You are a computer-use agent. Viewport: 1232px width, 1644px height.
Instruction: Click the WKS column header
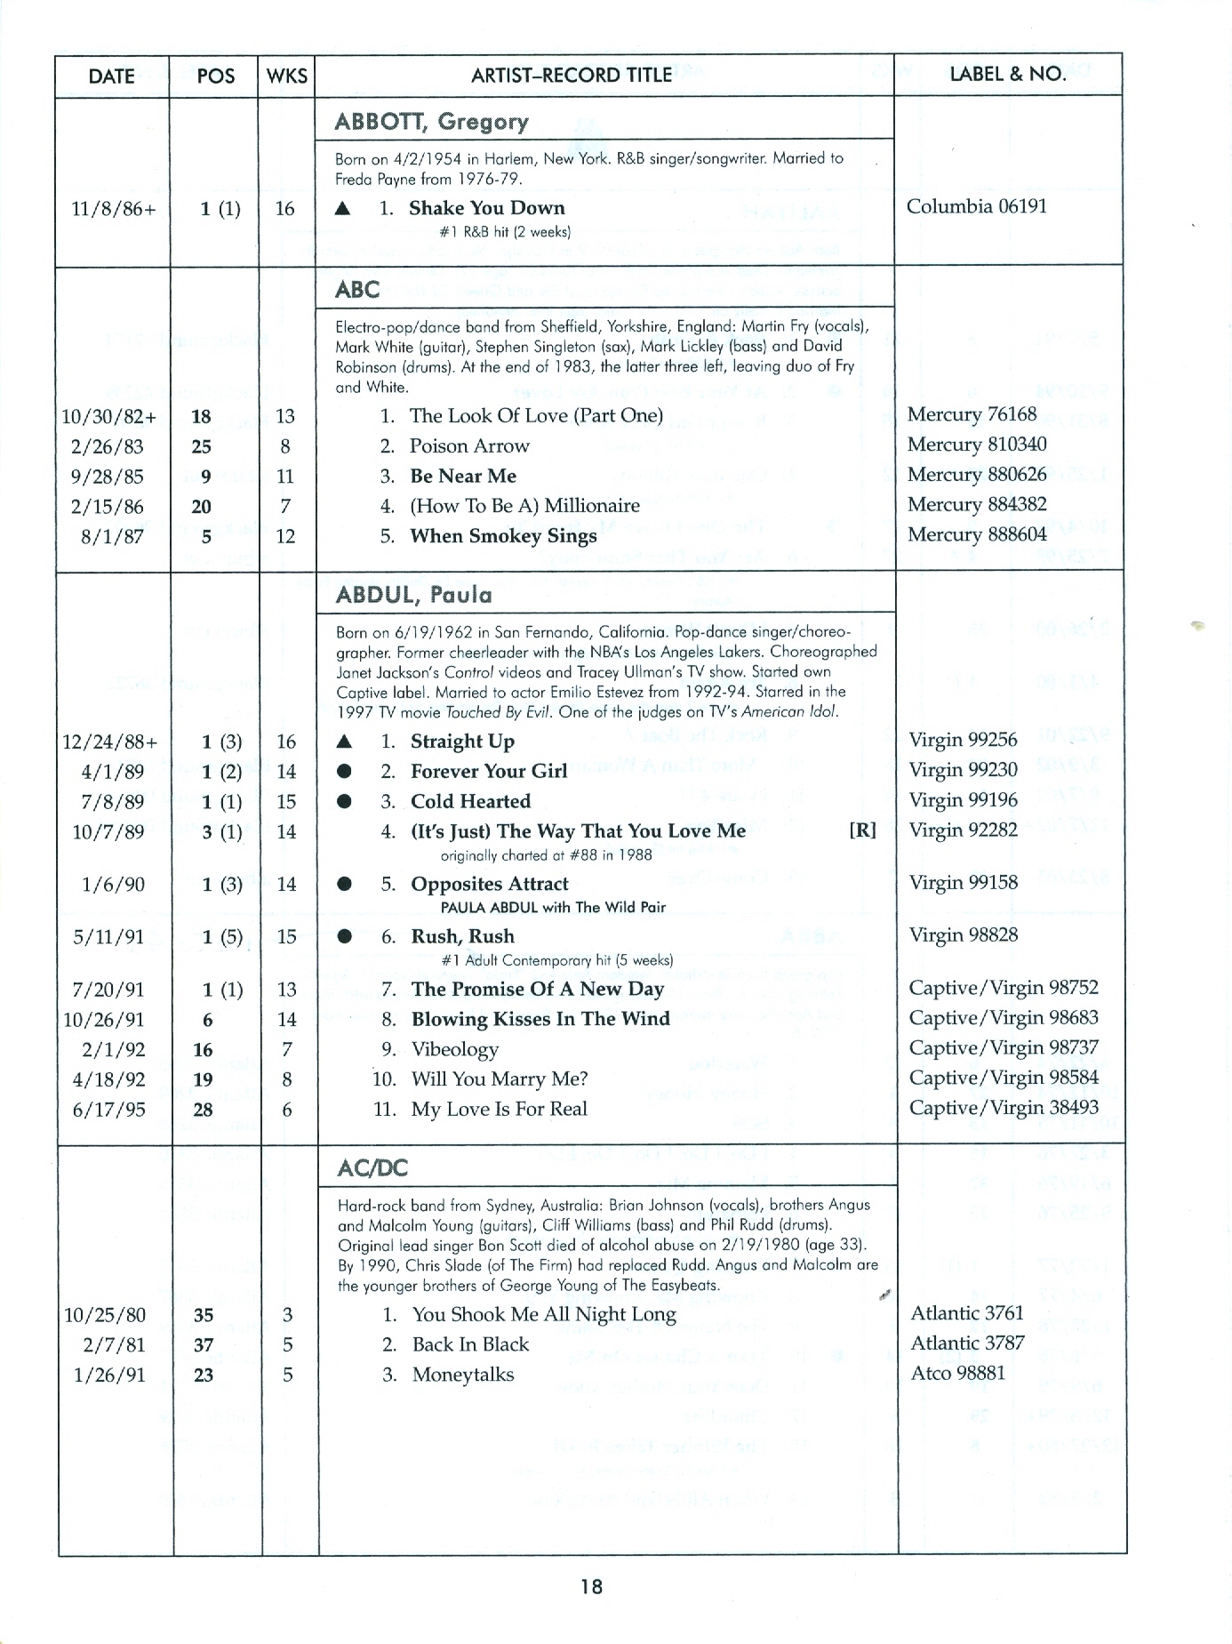tap(287, 76)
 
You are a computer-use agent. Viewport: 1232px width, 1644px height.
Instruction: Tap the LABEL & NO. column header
tap(1008, 74)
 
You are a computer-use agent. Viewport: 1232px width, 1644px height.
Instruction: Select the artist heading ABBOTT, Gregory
tap(431, 122)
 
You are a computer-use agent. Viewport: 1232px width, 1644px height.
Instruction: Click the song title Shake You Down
tap(486, 208)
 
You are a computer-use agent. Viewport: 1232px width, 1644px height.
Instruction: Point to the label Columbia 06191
tap(977, 206)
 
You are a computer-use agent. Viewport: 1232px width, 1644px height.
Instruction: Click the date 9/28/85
tap(107, 477)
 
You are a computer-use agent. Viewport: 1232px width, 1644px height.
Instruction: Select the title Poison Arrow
tap(468, 446)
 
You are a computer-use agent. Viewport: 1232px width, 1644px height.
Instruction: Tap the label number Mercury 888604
tap(977, 534)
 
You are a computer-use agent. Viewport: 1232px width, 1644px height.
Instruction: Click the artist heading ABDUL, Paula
tap(413, 595)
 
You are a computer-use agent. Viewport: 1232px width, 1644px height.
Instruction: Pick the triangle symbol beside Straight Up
tap(345, 742)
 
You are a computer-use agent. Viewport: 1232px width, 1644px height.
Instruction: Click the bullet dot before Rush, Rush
tap(345, 936)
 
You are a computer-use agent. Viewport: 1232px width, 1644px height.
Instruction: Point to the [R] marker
tap(862, 830)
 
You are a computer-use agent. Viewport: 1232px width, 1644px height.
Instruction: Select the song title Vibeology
tap(454, 1049)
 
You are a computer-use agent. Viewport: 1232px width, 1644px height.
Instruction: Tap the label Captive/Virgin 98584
tap(1004, 1078)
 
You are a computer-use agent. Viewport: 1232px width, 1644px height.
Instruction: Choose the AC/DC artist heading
tap(372, 1168)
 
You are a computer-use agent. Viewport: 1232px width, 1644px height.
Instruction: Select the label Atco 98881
tap(958, 1373)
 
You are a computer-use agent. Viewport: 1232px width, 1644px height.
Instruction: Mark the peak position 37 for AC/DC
tap(204, 1345)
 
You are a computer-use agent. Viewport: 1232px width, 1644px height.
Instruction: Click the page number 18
tap(591, 1585)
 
